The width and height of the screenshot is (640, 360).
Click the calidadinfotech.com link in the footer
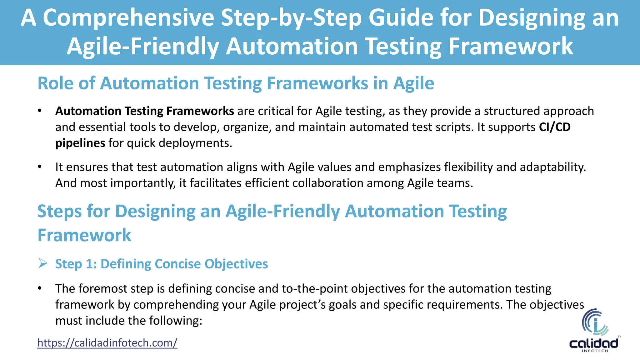click(x=107, y=343)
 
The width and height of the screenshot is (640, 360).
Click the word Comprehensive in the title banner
click(x=128, y=18)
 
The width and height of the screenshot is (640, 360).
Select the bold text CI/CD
click(x=555, y=127)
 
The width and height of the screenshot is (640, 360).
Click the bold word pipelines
click(x=80, y=143)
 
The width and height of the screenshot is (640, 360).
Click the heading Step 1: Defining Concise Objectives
click(x=162, y=264)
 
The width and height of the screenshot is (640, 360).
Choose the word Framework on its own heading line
click(x=84, y=235)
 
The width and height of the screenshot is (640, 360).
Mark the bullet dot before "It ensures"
click(x=40, y=167)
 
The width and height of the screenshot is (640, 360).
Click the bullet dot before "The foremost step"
click(x=40, y=289)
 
